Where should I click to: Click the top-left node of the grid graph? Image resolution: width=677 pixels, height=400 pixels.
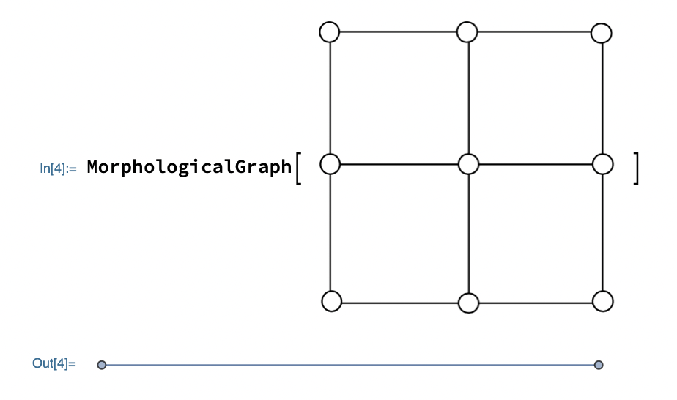[330, 32]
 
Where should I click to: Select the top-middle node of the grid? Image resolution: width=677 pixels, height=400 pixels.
[467, 32]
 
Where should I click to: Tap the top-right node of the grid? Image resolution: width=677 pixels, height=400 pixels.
[602, 33]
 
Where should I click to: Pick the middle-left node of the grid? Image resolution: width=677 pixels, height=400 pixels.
[330, 164]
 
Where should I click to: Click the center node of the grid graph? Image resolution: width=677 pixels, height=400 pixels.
[468, 164]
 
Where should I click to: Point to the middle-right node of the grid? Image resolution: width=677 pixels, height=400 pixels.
[602, 164]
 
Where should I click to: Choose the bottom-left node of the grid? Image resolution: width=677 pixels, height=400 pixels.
[332, 300]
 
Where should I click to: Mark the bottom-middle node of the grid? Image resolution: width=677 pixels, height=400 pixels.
[467, 302]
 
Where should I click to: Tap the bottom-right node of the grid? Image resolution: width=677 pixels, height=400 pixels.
[602, 300]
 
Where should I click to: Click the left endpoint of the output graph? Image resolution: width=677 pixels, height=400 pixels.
[102, 364]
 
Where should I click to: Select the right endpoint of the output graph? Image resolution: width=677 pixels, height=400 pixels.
[599, 364]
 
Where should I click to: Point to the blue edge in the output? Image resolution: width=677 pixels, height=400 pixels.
[350, 364]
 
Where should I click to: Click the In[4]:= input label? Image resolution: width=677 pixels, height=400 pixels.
[59, 168]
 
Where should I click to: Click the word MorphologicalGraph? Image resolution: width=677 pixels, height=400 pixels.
[189, 167]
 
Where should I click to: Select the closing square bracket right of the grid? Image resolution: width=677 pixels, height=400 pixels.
[637, 167]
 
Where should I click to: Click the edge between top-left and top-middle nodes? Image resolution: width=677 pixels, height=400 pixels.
[398, 32]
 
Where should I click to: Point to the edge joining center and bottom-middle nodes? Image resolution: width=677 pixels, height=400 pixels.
[468, 233]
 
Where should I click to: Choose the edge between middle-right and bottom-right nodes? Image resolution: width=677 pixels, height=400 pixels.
[602, 232]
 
